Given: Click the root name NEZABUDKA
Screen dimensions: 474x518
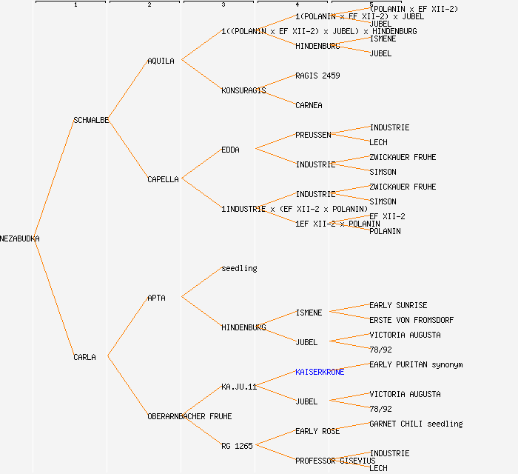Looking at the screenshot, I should tap(20, 238).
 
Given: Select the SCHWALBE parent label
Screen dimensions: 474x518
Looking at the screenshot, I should tap(91, 120).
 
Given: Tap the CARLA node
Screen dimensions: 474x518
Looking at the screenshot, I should tap(84, 357).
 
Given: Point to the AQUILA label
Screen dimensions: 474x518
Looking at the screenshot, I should tap(161, 61).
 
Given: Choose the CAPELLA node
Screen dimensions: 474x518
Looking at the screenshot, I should tap(163, 179).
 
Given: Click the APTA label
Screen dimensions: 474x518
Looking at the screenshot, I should tap(156, 298).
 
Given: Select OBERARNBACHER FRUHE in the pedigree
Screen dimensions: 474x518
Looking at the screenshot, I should tap(189, 416).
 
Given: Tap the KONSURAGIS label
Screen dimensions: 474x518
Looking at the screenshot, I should tap(243, 90).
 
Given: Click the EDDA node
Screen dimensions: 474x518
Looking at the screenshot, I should tap(230, 150).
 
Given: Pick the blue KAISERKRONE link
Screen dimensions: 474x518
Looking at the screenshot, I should tap(320, 372).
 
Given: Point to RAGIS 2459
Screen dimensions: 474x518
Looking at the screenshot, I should tap(317, 76).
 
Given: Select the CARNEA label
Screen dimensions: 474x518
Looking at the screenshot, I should tap(309, 105).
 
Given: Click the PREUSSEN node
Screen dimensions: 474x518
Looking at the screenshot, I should tap(313, 135).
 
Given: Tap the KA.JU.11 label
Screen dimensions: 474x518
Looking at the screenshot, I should tap(239, 387).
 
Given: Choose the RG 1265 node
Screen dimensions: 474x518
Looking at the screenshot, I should tap(237, 446).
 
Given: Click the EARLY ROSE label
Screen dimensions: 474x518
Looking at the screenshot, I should tap(317, 431).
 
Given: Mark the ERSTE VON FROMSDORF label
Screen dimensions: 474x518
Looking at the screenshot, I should tap(411, 320).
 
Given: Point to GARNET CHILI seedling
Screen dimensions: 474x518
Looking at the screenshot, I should tap(416, 424).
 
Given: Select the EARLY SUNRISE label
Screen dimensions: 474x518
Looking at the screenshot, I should tap(398, 305).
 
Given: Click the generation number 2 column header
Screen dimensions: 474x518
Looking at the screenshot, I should tap(149, 5).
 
